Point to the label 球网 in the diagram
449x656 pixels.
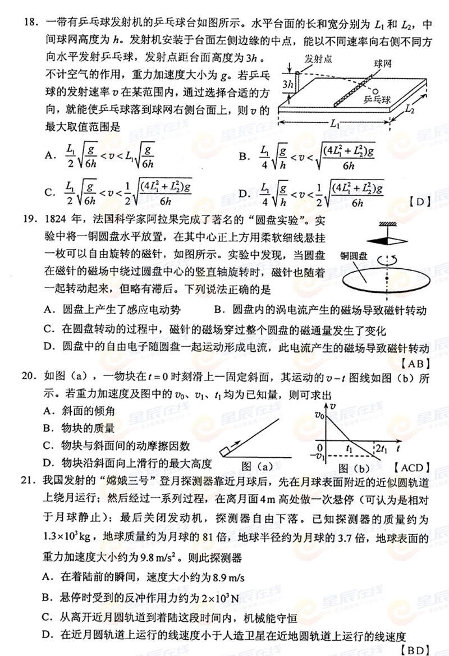coord(383,64)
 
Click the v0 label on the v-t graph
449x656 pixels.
coord(320,416)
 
